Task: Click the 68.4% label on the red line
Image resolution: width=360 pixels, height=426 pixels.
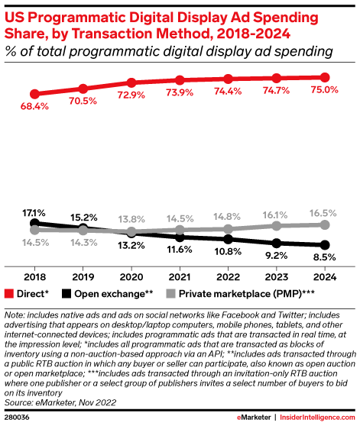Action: point(34,106)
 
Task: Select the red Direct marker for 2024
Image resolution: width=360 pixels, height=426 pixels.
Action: point(325,77)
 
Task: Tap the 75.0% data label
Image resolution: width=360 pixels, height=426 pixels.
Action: point(324,90)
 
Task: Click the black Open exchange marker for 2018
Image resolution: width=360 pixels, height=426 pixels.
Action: point(34,224)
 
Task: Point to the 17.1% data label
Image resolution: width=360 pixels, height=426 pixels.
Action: point(34,211)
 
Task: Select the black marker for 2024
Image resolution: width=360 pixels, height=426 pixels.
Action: point(325,245)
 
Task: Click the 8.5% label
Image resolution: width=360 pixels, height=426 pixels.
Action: point(324,258)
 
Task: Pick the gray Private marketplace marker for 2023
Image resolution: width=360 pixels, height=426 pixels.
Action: point(277,226)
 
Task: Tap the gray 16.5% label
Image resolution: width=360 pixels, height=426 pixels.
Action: point(324,213)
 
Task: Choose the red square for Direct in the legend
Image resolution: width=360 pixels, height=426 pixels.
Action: point(9,292)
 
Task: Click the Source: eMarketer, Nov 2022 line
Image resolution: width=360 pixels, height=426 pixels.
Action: point(56,400)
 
